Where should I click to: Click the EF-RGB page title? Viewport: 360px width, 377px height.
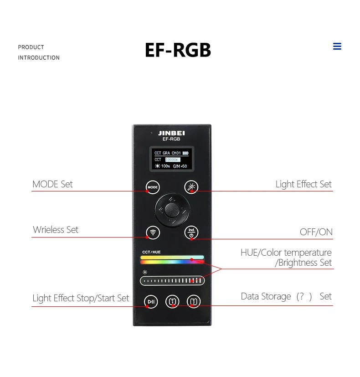pyautogui.click(x=178, y=50)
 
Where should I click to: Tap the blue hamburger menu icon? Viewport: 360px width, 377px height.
pyautogui.click(x=337, y=46)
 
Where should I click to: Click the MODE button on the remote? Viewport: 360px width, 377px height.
pyautogui.click(x=153, y=187)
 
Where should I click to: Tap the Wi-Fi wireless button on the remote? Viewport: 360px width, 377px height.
pyautogui.click(x=153, y=232)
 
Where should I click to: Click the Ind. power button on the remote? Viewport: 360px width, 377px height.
pyautogui.click(x=191, y=232)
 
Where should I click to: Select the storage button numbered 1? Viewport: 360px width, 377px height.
pyautogui.click(x=172, y=301)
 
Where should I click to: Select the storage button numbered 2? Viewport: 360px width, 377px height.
pyautogui.click(x=194, y=301)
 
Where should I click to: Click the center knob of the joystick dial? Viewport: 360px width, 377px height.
pyautogui.click(x=172, y=210)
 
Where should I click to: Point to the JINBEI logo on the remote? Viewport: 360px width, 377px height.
pyautogui.click(x=171, y=133)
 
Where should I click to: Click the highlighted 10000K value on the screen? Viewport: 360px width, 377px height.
pyautogui.click(x=173, y=160)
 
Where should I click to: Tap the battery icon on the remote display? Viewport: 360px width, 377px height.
pyautogui.click(x=185, y=153)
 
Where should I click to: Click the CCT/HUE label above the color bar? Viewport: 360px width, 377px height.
pyautogui.click(x=151, y=252)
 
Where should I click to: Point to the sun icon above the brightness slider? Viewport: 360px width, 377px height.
pyautogui.click(x=145, y=272)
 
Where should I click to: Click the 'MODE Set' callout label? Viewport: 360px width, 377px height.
pyautogui.click(x=52, y=184)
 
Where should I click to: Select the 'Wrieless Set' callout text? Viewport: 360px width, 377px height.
pyautogui.click(x=56, y=230)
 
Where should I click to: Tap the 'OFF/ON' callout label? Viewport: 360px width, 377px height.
pyautogui.click(x=316, y=232)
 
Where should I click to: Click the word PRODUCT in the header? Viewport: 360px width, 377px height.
pyautogui.click(x=31, y=47)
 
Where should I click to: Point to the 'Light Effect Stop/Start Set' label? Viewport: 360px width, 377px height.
pyautogui.click(x=81, y=298)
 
